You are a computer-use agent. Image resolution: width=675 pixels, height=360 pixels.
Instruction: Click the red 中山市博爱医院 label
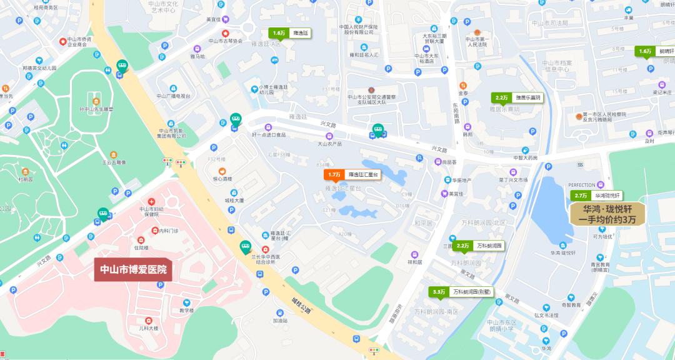pyautogui.click(x=134, y=270)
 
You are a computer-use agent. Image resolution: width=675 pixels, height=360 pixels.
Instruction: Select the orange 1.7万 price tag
pyautogui.click(x=352, y=174)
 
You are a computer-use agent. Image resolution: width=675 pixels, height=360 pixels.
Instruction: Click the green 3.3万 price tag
pyautogui.click(x=461, y=292)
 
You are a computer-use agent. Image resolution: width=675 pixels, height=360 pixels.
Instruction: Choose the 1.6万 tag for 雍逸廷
pyautogui.click(x=289, y=32)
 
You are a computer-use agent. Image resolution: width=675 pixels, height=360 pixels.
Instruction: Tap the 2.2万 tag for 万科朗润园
pyautogui.click(x=478, y=246)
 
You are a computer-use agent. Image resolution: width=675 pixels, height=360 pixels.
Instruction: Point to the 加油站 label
pyautogui.click(x=281, y=321)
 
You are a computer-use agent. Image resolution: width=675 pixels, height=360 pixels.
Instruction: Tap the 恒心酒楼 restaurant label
pyautogui.click(x=222, y=179)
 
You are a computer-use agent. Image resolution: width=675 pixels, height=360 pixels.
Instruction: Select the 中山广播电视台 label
pyautogui.click(x=174, y=96)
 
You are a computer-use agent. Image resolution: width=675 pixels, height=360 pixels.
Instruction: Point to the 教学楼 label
pyautogui.click(x=187, y=311)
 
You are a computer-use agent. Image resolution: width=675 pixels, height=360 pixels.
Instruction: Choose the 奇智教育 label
pyautogui.click(x=571, y=306)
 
